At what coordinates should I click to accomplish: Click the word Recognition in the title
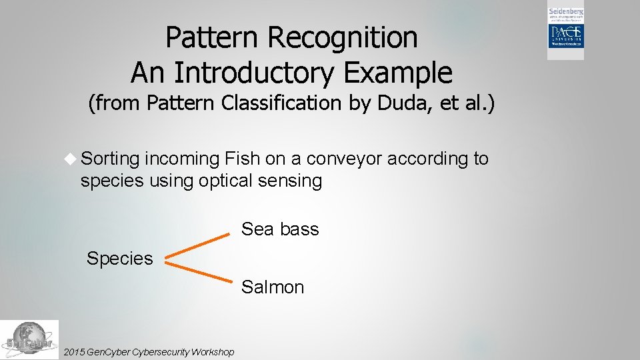(x=343, y=38)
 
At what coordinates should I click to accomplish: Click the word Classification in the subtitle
(x=279, y=103)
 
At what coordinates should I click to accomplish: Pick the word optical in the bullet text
(x=228, y=181)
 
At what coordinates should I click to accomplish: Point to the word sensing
(x=292, y=181)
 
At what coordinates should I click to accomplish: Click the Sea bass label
(x=280, y=229)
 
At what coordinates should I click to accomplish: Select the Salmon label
(x=273, y=287)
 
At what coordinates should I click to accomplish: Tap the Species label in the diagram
(x=119, y=259)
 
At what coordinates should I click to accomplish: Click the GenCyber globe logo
(x=29, y=339)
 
